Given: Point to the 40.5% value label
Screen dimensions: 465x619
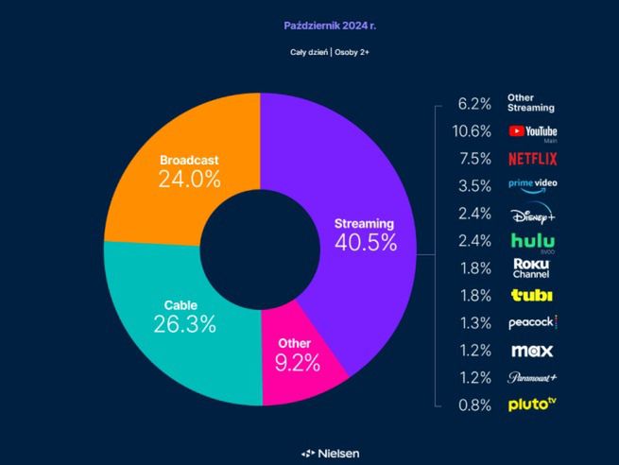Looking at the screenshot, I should click(365, 241).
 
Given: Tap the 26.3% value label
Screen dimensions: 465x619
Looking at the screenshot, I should click(185, 324).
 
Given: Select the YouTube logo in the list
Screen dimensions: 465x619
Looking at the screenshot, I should click(533, 132).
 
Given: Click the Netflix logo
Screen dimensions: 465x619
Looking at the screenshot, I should click(532, 159).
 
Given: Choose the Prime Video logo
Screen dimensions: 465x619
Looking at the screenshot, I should click(532, 186).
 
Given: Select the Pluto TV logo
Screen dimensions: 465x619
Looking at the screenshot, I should click(532, 405).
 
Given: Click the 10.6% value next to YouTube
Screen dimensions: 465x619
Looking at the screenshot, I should click(473, 131).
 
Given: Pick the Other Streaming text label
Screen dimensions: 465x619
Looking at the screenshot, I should click(531, 102).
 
